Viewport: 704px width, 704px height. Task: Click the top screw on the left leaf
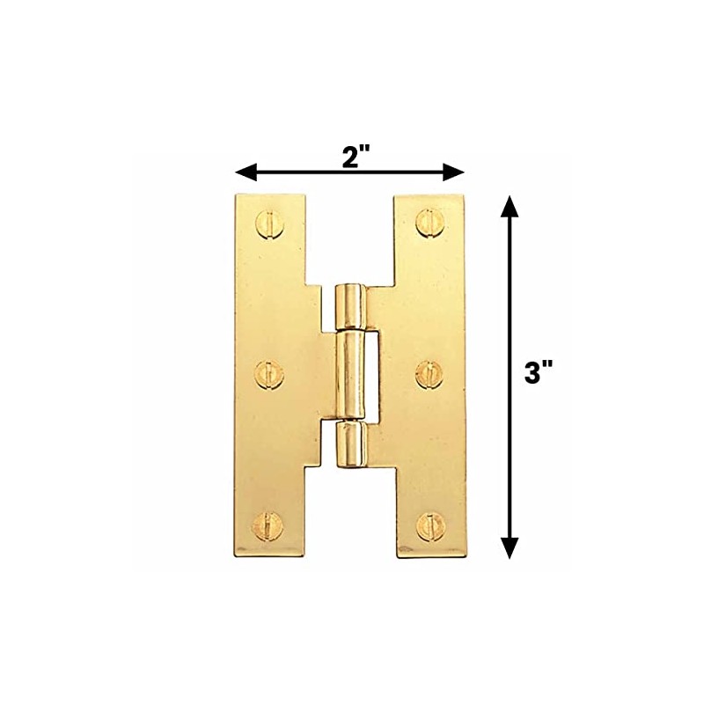tap(268, 223)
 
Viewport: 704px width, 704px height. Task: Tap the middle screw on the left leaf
tap(268, 374)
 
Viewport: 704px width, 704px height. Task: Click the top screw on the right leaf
tap(429, 223)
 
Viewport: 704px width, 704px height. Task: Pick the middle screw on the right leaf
tap(429, 374)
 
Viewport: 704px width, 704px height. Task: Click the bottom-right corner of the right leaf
tap(465, 555)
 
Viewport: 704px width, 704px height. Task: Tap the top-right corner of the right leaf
tap(465, 195)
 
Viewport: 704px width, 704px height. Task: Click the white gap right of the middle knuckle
tap(373, 373)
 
